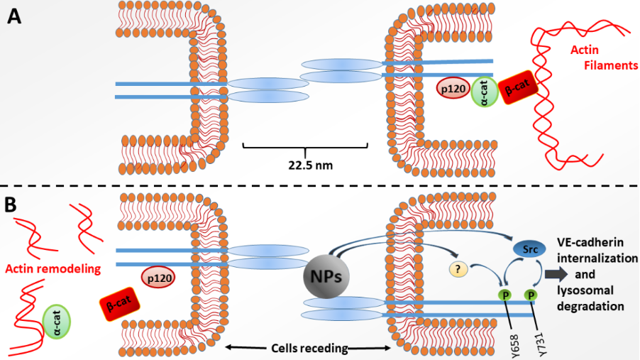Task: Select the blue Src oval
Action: click(529, 249)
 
